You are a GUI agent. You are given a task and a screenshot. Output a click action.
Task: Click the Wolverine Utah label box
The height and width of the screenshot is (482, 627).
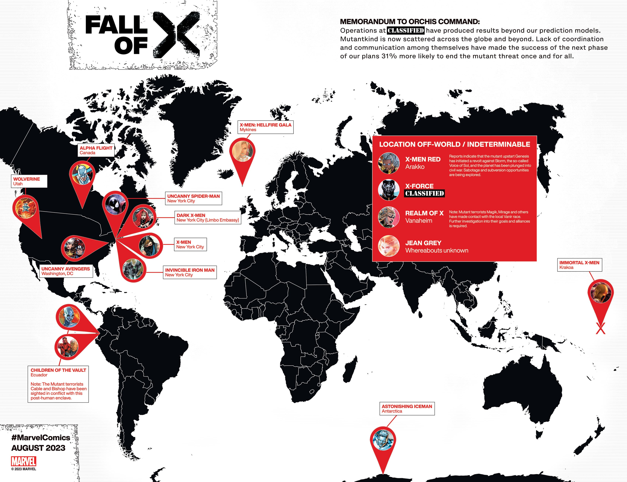tap(29, 181)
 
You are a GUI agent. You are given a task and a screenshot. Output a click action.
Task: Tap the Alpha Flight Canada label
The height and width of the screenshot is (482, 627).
tap(96, 150)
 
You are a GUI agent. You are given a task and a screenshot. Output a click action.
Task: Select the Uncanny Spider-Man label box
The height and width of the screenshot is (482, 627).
tap(193, 199)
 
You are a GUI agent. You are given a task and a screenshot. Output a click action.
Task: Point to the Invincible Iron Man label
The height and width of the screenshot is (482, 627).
tap(190, 272)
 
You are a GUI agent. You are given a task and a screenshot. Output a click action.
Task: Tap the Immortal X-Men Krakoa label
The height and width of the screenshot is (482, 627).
tap(579, 265)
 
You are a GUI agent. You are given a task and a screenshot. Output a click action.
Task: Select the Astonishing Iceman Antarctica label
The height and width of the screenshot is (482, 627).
tap(407, 409)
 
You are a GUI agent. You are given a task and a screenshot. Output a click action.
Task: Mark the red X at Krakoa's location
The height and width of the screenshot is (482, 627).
tap(600, 328)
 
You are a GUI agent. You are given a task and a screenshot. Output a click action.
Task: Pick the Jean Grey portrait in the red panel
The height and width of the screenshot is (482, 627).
tap(389, 246)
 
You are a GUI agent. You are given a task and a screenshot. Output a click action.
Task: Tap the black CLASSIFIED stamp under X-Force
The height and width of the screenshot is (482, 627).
tap(424, 193)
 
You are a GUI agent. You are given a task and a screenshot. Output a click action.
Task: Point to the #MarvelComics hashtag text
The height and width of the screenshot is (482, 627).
tap(41, 438)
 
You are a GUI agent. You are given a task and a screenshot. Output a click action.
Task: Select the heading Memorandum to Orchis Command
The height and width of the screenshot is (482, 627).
tap(410, 22)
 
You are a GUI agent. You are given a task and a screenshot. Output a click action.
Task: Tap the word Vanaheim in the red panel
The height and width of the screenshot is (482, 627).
tap(418, 221)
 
